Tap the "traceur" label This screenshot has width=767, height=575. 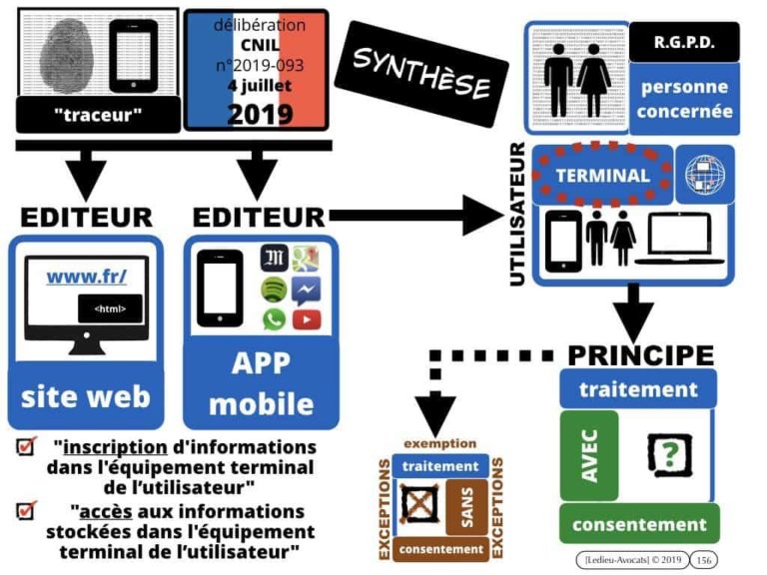click(x=98, y=115)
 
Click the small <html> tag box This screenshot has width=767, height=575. click(x=110, y=308)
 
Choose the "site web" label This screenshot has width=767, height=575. click(x=86, y=395)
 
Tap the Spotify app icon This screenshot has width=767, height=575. click(x=274, y=289)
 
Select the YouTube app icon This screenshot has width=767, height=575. click(x=307, y=319)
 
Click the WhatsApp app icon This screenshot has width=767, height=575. click(x=274, y=319)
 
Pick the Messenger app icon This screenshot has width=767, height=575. click(x=307, y=289)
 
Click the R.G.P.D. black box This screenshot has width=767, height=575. click(x=684, y=43)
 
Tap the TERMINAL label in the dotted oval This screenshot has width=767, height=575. click(x=602, y=175)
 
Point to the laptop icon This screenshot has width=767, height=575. click(x=678, y=240)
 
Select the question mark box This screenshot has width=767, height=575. click(x=668, y=453)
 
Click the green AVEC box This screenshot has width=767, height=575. click(x=589, y=455)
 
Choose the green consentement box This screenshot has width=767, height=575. click(x=639, y=523)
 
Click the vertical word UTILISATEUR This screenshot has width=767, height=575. click(x=517, y=215)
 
